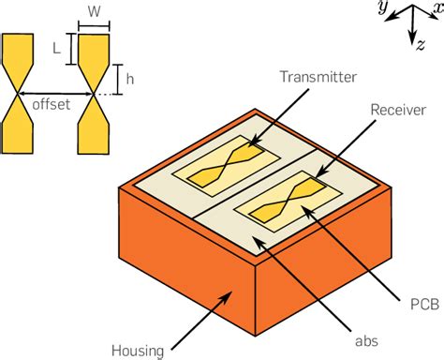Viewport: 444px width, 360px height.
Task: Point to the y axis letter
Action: point(381,7)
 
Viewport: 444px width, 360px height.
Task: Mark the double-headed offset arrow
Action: point(56,93)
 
